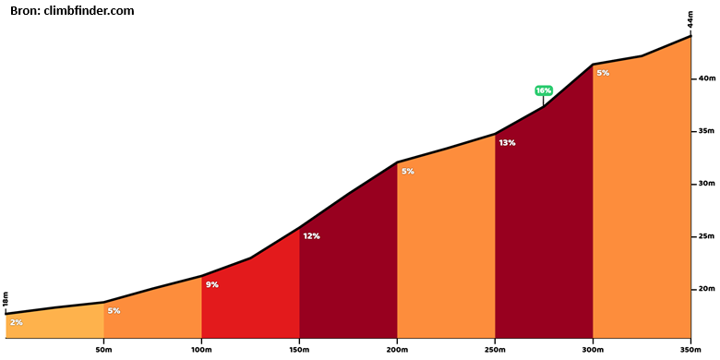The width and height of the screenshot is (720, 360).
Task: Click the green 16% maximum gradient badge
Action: (x=543, y=90)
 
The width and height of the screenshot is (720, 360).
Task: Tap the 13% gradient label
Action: (x=507, y=143)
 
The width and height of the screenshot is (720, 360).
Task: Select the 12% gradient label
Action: (x=311, y=236)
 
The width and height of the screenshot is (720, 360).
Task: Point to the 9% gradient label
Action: (x=211, y=284)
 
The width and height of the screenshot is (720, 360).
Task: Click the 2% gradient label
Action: (x=16, y=322)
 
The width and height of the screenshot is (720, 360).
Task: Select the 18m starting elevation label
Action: (x=6, y=299)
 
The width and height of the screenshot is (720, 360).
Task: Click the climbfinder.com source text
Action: (x=90, y=11)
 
